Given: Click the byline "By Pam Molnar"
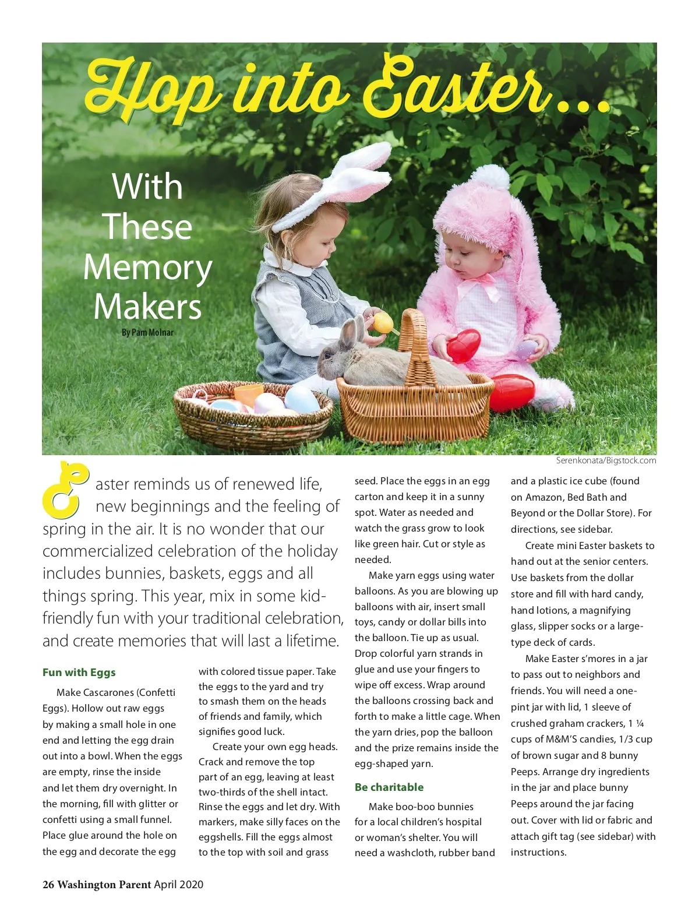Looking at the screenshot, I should pyautogui.click(x=147, y=332).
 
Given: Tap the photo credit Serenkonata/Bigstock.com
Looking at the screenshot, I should pyautogui.click(x=606, y=460).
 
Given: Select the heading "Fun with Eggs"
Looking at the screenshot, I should pyautogui.click(x=79, y=672).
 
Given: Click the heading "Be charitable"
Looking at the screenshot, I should pyautogui.click(x=389, y=787).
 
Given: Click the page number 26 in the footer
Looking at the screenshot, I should pyautogui.click(x=48, y=884).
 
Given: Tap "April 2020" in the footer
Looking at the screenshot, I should pyautogui.click(x=179, y=884).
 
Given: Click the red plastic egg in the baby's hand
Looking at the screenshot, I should pyautogui.click(x=464, y=344).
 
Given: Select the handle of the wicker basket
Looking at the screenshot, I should pyautogui.click(x=415, y=338).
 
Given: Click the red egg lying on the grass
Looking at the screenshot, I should pyautogui.click(x=512, y=392).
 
